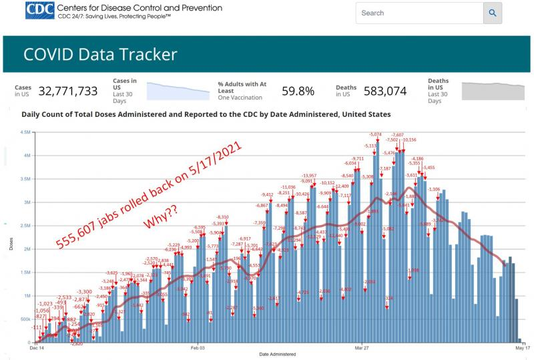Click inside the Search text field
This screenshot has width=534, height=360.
(419, 13)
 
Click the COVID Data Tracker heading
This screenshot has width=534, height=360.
(101, 54)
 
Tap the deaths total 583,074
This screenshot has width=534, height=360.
(381, 91)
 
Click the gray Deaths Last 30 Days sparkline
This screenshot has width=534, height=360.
(493, 90)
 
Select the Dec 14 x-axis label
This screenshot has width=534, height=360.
(37, 348)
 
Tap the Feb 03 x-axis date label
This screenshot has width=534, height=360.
(197, 348)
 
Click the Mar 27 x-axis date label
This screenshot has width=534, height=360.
(362, 348)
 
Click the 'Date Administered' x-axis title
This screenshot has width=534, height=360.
(278, 353)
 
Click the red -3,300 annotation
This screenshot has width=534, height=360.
(84, 292)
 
